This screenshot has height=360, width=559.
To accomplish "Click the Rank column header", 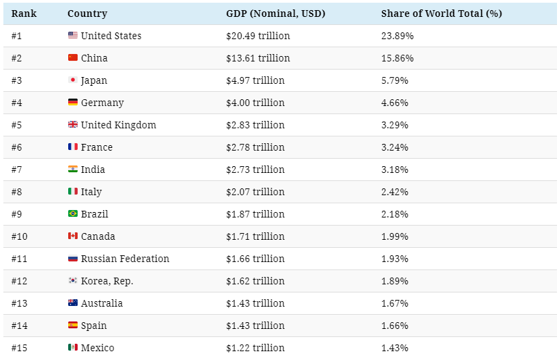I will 24,14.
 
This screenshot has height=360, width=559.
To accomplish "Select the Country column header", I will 87,14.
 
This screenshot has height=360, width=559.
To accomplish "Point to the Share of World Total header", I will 441,14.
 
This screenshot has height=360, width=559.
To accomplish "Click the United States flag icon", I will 73,36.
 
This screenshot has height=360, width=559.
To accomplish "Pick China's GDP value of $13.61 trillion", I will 258,58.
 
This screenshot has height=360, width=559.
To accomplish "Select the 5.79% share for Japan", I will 394,80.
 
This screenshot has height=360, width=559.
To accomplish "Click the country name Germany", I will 102,103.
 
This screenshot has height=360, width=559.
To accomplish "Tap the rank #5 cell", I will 17,125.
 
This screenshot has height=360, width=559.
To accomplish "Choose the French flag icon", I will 73,147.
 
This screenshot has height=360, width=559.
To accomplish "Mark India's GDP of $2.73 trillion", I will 255,170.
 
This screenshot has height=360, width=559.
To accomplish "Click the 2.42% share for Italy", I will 394,192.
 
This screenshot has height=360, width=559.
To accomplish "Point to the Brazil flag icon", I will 73,214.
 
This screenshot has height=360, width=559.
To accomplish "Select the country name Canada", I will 98,236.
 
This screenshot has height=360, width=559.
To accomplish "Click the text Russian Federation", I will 125,259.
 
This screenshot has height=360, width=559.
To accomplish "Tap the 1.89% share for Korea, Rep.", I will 394,281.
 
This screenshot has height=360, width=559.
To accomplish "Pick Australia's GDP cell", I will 255,303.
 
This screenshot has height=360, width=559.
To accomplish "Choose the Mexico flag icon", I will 73,348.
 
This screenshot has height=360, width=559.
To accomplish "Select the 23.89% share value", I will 397,36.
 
